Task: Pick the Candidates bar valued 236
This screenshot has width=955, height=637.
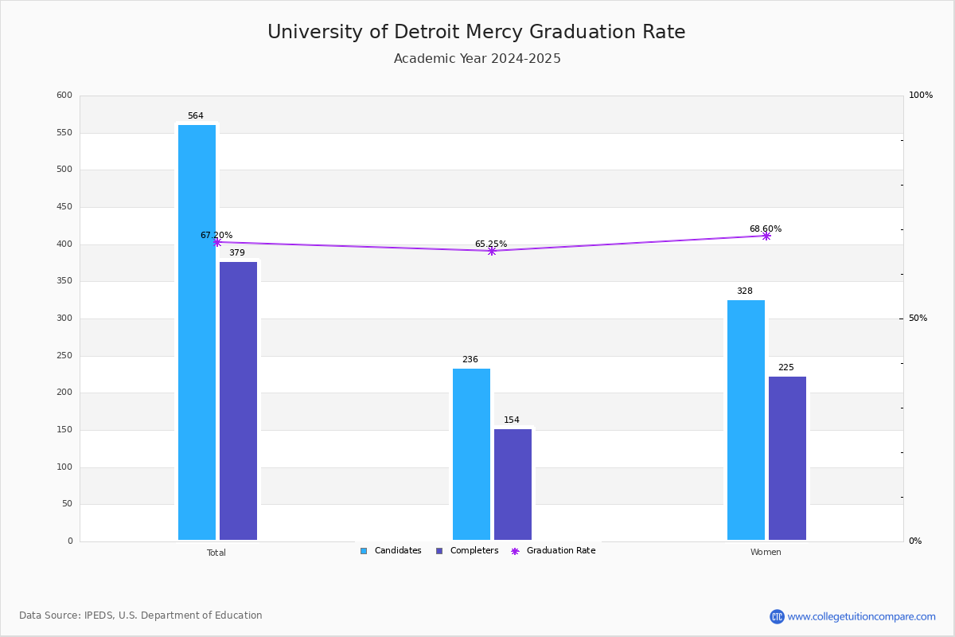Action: click(471, 454)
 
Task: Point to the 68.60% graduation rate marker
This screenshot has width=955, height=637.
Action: click(766, 236)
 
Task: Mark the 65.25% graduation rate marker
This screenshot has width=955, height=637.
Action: click(492, 251)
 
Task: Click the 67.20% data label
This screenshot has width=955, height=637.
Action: click(216, 236)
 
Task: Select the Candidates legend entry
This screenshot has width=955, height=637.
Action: click(391, 551)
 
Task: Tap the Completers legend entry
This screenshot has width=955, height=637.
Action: click(467, 551)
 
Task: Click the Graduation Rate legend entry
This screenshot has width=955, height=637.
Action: click(554, 551)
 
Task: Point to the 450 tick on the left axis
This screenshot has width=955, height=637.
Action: click(64, 207)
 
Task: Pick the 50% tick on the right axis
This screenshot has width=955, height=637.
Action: click(918, 318)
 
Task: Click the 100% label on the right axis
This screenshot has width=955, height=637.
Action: click(921, 96)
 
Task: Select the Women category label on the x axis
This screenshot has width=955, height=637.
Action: click(766, 553)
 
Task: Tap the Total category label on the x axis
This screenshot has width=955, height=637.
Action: click(216, 553)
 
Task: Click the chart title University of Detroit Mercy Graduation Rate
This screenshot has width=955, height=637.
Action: click(476, 32)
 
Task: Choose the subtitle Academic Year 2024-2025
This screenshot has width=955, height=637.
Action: click(477, 59)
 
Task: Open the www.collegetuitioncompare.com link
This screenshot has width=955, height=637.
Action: click(861, 616)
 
